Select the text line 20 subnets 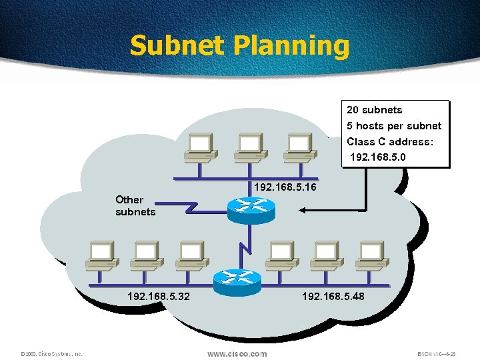click(375, 110)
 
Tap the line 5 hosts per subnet click(394, 126)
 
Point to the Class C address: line click(390, 142)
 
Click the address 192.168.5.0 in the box click(378, 158)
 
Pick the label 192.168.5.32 click(158, 295)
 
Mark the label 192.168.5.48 click(333, 295)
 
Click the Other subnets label click(135, 205)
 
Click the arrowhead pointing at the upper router click(302, 211)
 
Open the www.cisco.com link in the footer click(237, 353)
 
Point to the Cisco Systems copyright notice click(51, 354)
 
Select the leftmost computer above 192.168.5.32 click(101, 254)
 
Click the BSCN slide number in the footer click(437, 354)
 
